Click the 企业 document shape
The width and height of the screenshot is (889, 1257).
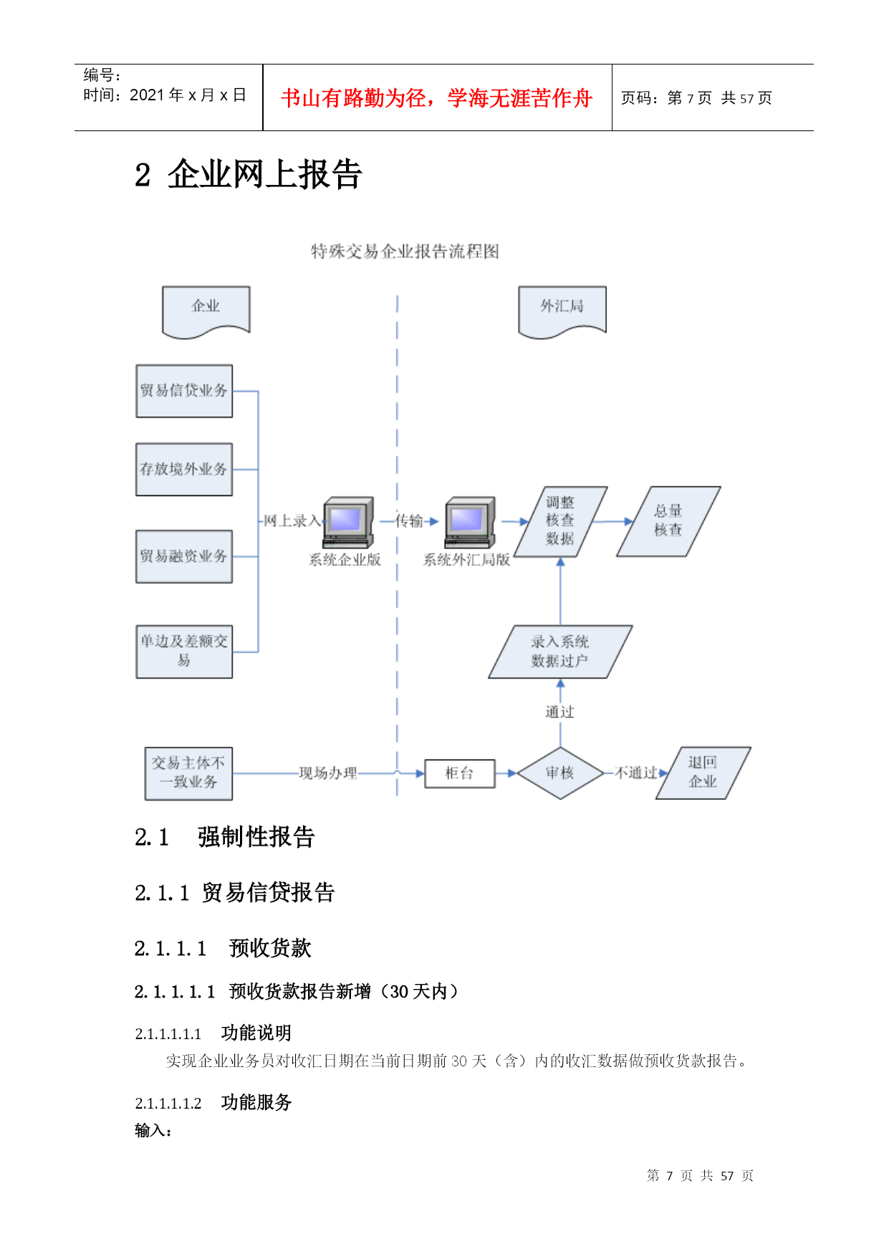tap(206, 311)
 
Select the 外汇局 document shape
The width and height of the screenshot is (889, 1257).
tap(562, 311)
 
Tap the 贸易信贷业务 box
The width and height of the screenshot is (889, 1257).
tap(184, 391)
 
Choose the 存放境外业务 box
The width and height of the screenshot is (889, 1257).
tap(184, 469)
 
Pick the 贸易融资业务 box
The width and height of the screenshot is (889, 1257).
tap(184, 557)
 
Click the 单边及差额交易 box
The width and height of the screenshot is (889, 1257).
tap(184, 652)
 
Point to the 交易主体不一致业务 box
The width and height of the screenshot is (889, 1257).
tap(188, 773)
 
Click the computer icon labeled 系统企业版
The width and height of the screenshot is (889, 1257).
tap(349, 522)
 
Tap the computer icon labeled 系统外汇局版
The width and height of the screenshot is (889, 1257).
tap(471, 522)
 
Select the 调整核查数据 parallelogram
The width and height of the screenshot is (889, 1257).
tap(560, 522)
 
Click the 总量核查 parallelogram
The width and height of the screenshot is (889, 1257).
tap(668, 522)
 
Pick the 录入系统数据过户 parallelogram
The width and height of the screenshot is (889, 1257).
tap(560, 652)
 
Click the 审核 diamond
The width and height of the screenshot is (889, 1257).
tap(560, 773)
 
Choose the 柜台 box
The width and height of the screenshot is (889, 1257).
tap(460, 774)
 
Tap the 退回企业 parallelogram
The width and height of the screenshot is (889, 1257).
tap(703, 773)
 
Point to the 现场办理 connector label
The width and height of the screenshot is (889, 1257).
tap(328, 773)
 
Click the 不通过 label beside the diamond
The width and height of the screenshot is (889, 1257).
tap(636, 773)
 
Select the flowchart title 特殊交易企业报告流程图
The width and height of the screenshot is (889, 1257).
tap(405, 252)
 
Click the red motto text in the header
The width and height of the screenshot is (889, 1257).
tap(437, 98)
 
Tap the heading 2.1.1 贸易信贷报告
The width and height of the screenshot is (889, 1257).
tap(235, 893)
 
